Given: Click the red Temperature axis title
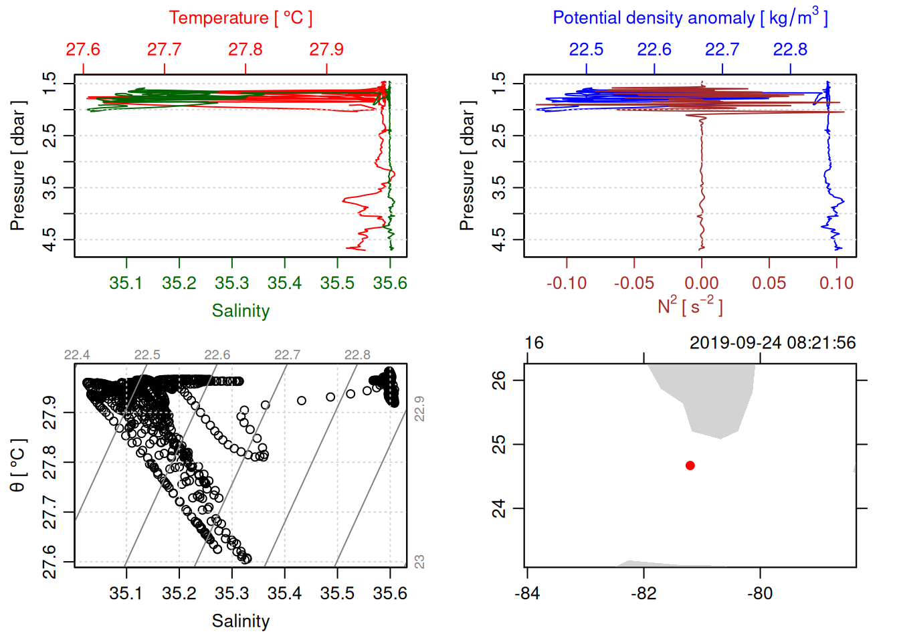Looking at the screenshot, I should pyautogui.click(x=240, y=18).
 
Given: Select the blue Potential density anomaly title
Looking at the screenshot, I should pyautogui.click(x=690, y=18).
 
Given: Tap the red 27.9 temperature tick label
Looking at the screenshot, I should pyautogui.click(x=326, y=49).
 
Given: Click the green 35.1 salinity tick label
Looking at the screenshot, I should pyautogui.click(x=126, y=283).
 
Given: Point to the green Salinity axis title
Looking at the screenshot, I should pyautogui.click(x=240, y=311).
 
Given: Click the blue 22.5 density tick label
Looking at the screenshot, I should pyautogui.click(x=586, y=49).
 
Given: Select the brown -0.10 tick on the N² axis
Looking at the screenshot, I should pyautogui.click(x=567, y=283).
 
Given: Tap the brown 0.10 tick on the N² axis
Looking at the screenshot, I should pyautogui.click(x=836, y=283).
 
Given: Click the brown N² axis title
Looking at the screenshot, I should pyautogui.click(x=690, y=306).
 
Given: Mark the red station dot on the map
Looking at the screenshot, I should pyautogui.click(x=690, y=465).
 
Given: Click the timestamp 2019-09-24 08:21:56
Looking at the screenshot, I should pyautogui.click(x=773, y=343).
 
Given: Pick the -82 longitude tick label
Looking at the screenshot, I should pyautogui.click(x=643, y=593).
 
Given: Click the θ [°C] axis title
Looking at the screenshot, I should pyautogui.click(x=18, y=465).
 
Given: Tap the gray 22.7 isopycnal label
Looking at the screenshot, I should pyautogui.click(x=287, y=355).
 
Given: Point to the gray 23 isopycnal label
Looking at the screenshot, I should pyautogui.click(x=419, y=562).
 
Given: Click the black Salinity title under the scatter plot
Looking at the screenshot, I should pyautogui.click(x=240, y=621).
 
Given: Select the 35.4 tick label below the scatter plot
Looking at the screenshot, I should pyautogui.click(x=285, y=593).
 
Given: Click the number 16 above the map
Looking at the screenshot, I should pyautogui.click(x=534, y=343).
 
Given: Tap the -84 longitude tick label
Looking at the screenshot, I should pyautogui.click(x=527, y=593).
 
